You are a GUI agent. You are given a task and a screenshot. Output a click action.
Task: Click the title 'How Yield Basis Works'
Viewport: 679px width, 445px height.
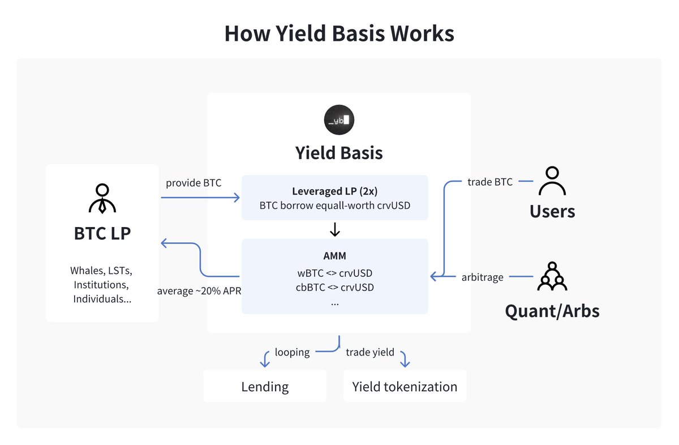339,33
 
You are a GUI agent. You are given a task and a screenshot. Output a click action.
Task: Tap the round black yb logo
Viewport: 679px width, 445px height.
339,120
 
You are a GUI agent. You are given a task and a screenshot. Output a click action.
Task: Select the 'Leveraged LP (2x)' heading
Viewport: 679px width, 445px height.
334,191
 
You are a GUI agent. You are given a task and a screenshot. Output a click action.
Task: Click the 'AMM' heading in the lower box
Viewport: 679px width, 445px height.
334,255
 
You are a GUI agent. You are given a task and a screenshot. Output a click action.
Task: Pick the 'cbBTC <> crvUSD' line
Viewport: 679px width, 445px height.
334,287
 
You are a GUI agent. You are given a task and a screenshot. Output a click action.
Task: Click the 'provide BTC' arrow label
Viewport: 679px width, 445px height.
194,183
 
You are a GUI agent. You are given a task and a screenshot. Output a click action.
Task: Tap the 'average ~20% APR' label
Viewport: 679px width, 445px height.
199,291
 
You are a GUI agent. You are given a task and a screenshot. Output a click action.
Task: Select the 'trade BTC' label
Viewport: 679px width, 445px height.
489,182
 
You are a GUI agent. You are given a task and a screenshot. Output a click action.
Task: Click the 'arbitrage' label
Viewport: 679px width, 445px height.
482,277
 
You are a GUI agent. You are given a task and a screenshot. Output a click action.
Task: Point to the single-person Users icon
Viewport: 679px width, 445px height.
552,181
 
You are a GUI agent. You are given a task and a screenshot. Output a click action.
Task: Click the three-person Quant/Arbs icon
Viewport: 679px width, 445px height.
552,276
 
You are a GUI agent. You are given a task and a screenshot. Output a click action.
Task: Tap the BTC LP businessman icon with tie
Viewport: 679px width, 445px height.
102,199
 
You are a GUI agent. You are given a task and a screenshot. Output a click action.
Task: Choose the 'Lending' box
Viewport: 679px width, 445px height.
265,387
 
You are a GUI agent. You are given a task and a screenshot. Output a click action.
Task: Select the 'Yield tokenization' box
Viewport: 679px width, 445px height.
405,387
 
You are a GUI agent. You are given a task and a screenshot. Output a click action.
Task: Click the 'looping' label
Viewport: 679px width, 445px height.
292,352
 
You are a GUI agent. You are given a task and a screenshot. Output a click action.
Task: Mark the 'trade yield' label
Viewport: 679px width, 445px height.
369,352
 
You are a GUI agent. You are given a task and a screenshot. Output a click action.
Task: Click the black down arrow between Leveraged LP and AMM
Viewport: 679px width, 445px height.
334,229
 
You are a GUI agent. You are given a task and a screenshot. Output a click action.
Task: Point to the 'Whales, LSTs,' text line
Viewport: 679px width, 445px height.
102,269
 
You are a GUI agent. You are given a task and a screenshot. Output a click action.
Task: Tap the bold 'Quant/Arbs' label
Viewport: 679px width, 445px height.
552,310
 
